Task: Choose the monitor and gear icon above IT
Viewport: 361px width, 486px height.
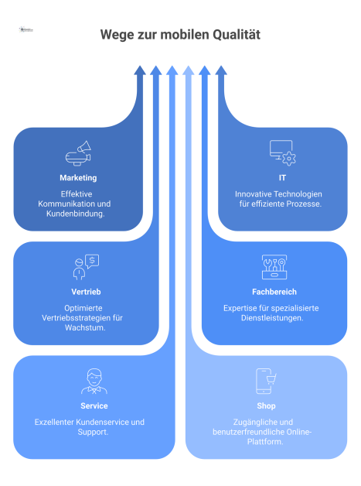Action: [282, 152]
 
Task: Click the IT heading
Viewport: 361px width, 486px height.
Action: [282, 177]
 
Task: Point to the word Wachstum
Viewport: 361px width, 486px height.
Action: [83, 327]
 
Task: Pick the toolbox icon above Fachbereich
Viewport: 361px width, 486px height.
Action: [274, 267]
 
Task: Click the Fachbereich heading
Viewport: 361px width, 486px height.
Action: [274, 292]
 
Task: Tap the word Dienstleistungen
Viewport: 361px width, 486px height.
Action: [274, 317]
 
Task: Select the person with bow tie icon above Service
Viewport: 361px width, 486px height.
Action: [94, 381]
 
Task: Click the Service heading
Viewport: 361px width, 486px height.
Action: [94, 406]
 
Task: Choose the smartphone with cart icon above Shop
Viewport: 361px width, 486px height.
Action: [266, 381]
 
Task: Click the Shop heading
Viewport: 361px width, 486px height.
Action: [266, 406]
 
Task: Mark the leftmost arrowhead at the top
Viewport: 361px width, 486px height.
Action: [140, 70]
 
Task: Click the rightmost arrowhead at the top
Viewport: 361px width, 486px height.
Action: [221, 70]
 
